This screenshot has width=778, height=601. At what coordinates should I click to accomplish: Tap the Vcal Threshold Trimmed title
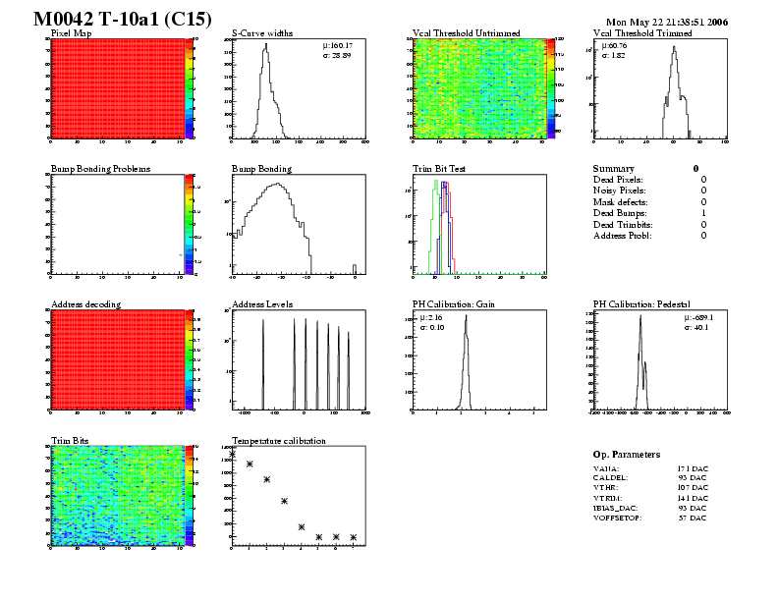click(642, 32)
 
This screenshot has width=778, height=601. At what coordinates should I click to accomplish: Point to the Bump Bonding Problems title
click(100, 169)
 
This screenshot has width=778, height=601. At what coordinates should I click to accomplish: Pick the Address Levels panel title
click(261, 304)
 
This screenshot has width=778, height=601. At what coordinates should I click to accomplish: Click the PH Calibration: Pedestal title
click(642, 304)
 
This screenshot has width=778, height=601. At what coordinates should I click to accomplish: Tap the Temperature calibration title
click(278, 441)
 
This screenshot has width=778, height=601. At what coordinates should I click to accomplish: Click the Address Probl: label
click(623, 236)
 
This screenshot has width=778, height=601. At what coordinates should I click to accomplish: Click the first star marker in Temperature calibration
click(233, 454)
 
